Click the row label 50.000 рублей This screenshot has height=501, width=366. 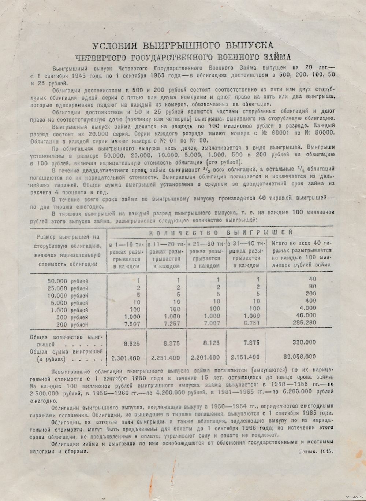[68, 281]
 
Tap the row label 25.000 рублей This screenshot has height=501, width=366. [68, 288]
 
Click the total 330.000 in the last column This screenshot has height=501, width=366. [304, 342]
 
